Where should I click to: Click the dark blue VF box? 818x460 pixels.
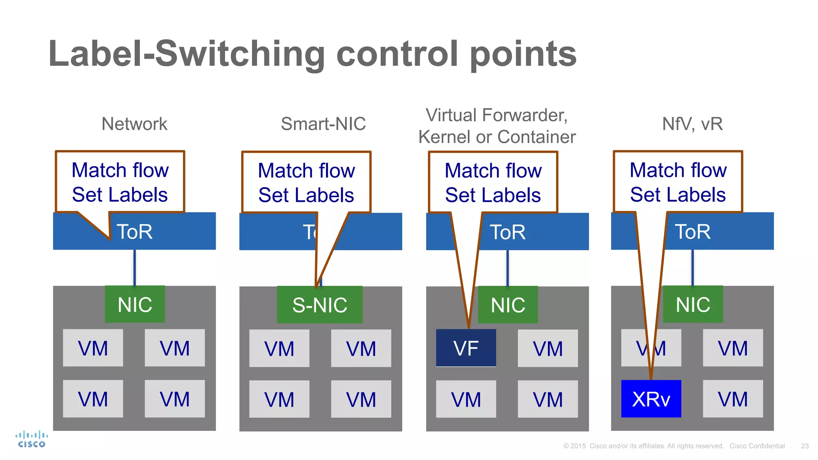pos(466,348)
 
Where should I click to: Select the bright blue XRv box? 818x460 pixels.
pos(651,399)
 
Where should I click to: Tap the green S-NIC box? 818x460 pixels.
pos(320,305)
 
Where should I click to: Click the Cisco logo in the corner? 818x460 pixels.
pos(32,439)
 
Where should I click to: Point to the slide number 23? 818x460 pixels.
pos(805,446)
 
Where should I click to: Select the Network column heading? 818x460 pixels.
pos(134,124)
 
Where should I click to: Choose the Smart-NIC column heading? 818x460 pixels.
pos(323,124)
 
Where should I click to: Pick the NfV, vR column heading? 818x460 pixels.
pos(692,124)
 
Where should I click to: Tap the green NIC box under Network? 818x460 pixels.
pos(135,304)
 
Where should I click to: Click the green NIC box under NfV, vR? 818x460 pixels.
pos(693,304)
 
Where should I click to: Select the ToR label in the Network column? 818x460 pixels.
pos(135,232)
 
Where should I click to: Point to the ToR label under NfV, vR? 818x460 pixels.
pos(693,232)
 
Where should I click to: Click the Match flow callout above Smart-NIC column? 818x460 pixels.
pos(306,182)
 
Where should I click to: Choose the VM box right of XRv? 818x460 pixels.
pos(733,399)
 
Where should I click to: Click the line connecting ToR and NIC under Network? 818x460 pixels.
pos(135,268)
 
